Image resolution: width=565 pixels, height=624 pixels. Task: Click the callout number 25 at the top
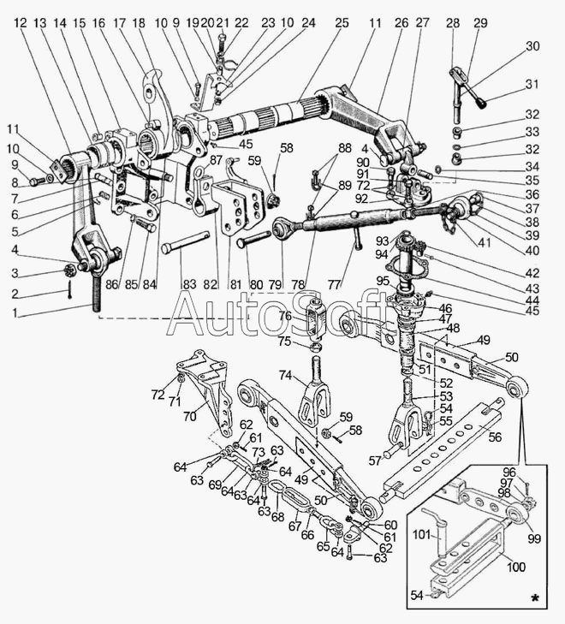click(x=342, y=22)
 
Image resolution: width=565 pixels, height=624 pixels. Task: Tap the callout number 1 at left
click(x=15, y=312)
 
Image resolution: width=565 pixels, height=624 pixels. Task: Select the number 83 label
click(x=189, y=284)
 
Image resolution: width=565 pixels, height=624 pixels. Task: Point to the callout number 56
click(x=495, y=437)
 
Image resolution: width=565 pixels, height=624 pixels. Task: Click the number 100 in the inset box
click(x=515, y=567)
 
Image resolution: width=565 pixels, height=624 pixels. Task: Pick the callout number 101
click(x=422, y=534)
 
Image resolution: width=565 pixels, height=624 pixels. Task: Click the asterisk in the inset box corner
click(x=536, y=597)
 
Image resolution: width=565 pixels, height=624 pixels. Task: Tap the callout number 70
click(x=190, y=416)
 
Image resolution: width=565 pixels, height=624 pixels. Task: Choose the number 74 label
click(x=285, y=375)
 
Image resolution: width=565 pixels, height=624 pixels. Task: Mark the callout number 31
click(x=532, y=85)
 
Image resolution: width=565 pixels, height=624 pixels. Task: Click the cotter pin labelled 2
click(x=70, y=289)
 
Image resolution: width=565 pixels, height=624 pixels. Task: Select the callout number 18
click(x=139, y=23)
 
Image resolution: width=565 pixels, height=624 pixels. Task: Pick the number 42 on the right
click(x=532, y=273)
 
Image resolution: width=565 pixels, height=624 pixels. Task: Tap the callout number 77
click(x=336, y=284)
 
